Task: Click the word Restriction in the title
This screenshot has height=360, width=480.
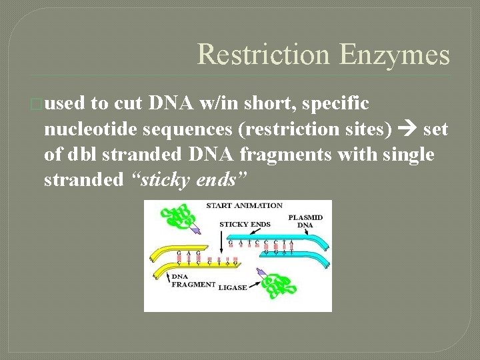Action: click(264, 54)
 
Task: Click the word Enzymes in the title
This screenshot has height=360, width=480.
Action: click(394, 54)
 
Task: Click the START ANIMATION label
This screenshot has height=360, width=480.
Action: click(244, 206)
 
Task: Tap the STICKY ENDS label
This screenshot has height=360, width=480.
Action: click(245, 225)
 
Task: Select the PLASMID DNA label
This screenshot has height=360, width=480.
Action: click(305, 221)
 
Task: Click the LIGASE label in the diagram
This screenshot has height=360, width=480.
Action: click(233, 288)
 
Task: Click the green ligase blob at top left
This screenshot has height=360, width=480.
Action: click(175, 218)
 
